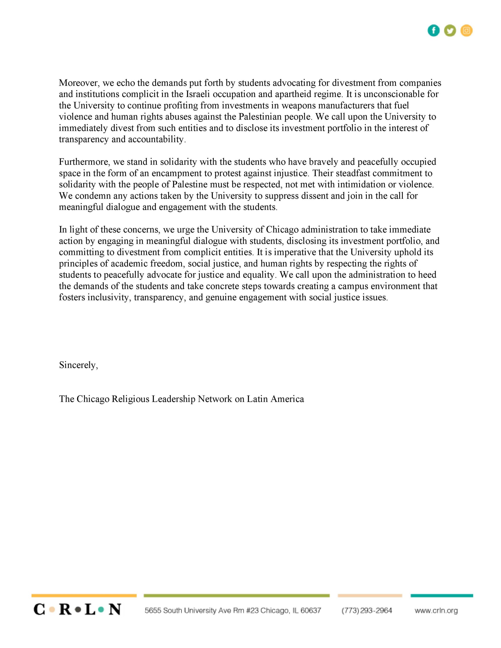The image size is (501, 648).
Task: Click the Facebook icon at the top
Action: point(433,31)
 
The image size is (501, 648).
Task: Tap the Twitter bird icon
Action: point(450,31)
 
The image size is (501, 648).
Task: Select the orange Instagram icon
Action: point(467,31)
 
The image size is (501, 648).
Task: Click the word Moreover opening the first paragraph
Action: point(78,83)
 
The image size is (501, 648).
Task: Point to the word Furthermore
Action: point(85,162)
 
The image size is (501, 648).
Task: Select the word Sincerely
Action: point(78,365)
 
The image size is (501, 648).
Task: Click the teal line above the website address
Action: point(442,596)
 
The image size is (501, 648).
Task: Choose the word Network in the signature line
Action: point(215,399)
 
